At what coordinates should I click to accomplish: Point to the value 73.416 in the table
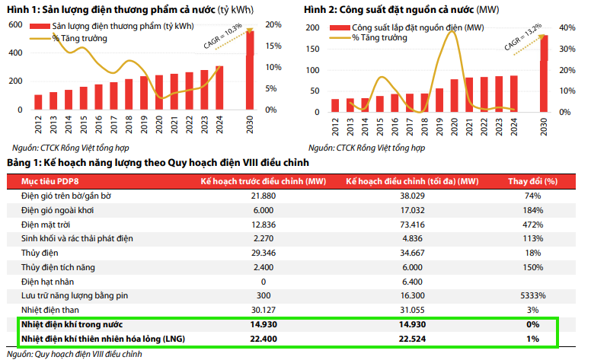412,225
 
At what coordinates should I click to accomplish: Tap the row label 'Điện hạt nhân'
46,281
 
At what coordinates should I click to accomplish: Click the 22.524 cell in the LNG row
412,338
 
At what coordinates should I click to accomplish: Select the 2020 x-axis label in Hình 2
455,125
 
